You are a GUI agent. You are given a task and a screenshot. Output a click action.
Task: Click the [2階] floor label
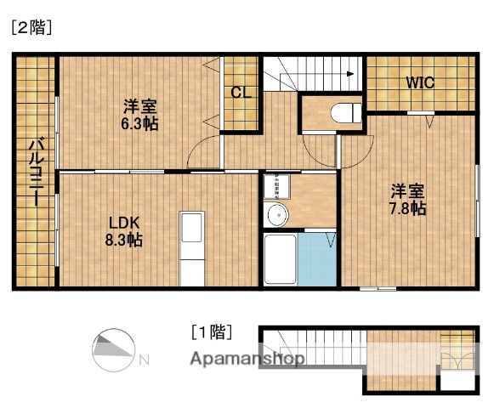(x=31, y=27)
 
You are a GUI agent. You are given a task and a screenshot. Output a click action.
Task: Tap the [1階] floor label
(x=210, y=331)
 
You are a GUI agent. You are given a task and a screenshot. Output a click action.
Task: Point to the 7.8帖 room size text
(x=408, y=207)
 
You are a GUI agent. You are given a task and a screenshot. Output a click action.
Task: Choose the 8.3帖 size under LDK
(x=123, y=241)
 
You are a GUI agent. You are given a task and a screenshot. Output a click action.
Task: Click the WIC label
(x=419, y=83)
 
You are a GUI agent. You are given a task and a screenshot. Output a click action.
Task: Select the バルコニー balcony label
(x=35, y=174)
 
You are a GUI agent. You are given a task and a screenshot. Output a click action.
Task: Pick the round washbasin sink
(x=275, y=216)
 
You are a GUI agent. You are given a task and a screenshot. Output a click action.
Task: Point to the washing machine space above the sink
(x=275, y=186)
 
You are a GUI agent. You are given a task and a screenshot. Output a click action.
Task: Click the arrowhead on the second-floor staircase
(x=349, y=75)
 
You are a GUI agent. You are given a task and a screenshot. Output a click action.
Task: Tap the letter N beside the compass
(x=144, y=359)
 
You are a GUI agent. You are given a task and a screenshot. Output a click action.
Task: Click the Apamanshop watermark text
(x=247, y=359)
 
